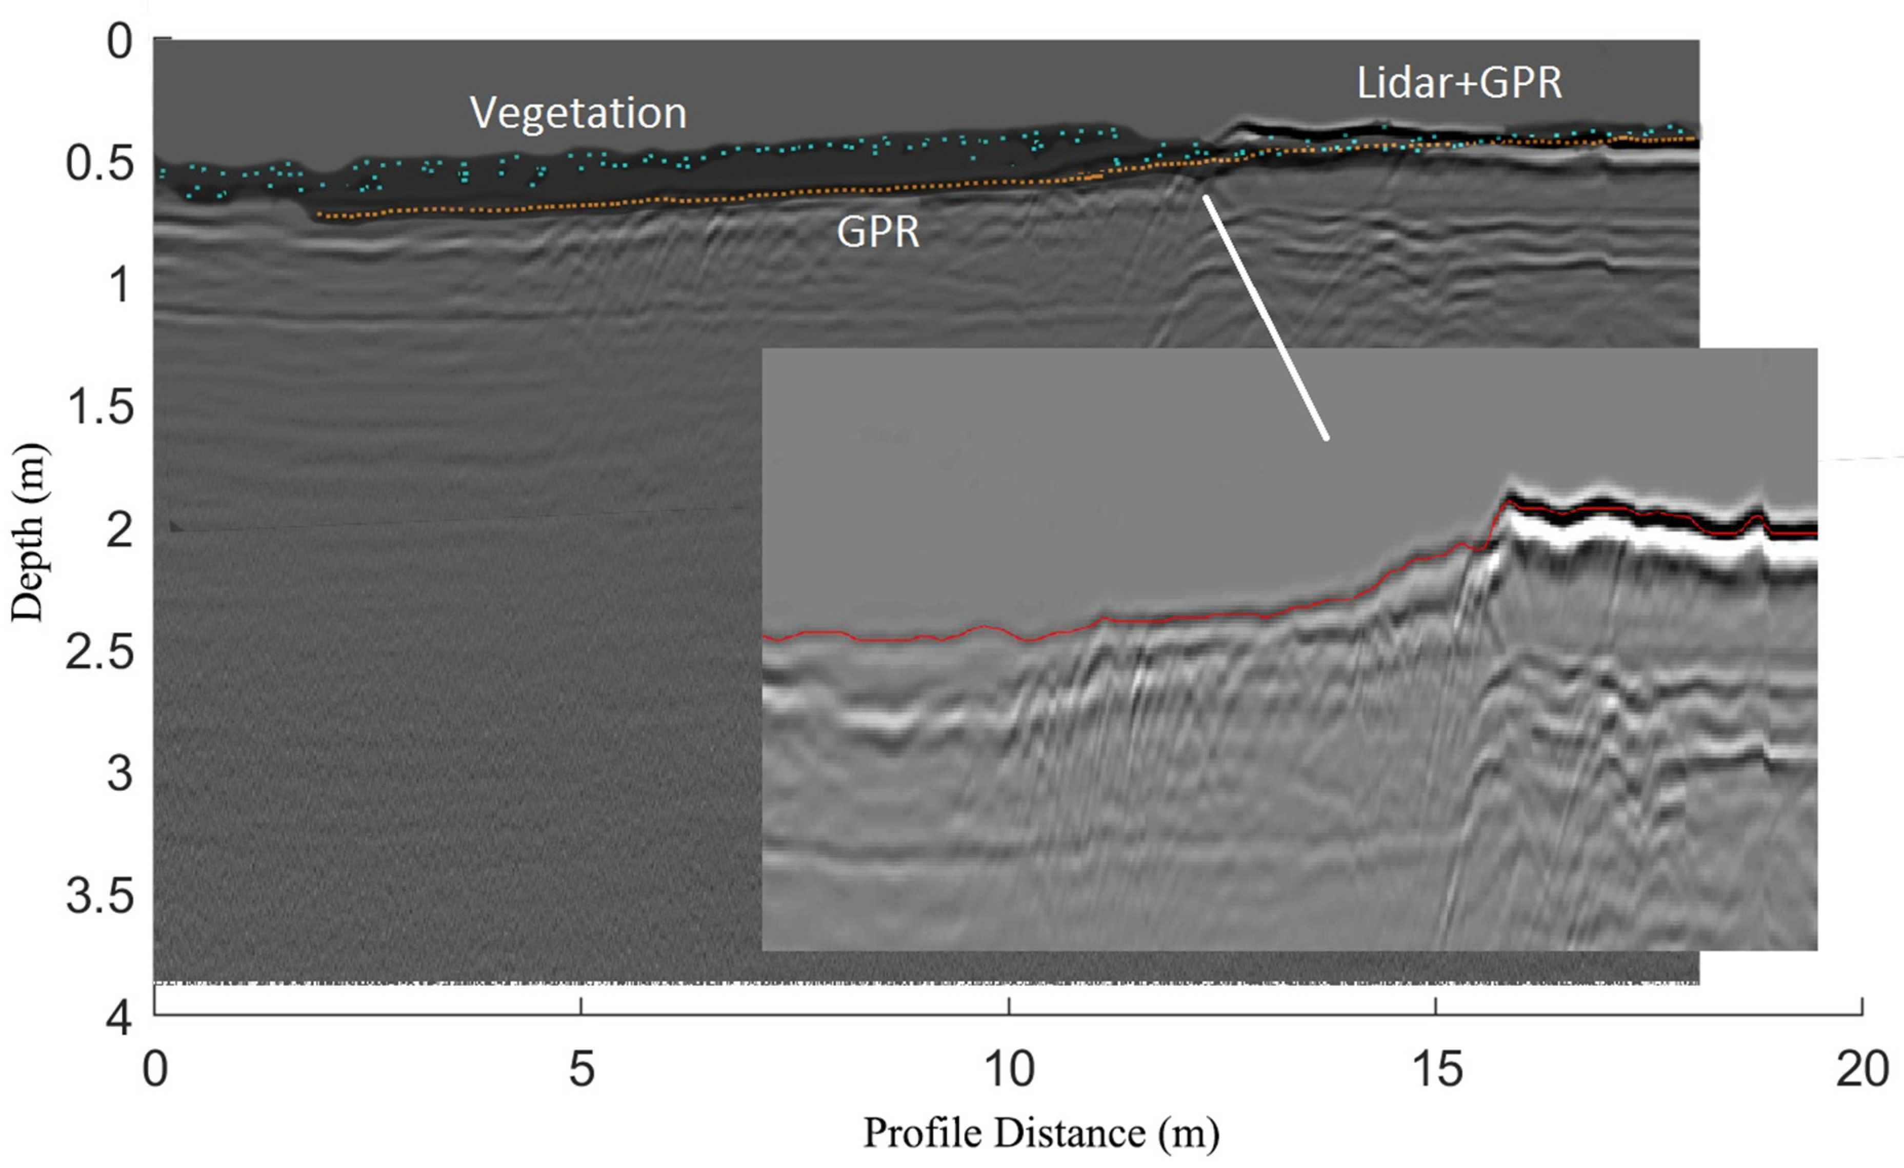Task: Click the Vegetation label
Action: click(x=578, y=114)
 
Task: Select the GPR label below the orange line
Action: click(x=878, y=231)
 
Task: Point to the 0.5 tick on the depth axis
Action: click(x=99, y=163)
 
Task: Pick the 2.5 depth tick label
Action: click(x=99, y=651)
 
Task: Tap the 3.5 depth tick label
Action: click(x=99, y=896)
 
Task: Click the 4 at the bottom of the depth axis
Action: click(x=120, y=1018)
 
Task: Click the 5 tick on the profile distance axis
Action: click(x=581, y=1071)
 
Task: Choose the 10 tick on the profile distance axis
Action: click(x=1009, y=1071)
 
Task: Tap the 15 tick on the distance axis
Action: click(x=1436, y=1071)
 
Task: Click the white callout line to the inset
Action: click(x=1265, y=317)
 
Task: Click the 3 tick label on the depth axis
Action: click(x=120, y=774)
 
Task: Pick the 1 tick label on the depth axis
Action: click(x=120, y=285)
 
